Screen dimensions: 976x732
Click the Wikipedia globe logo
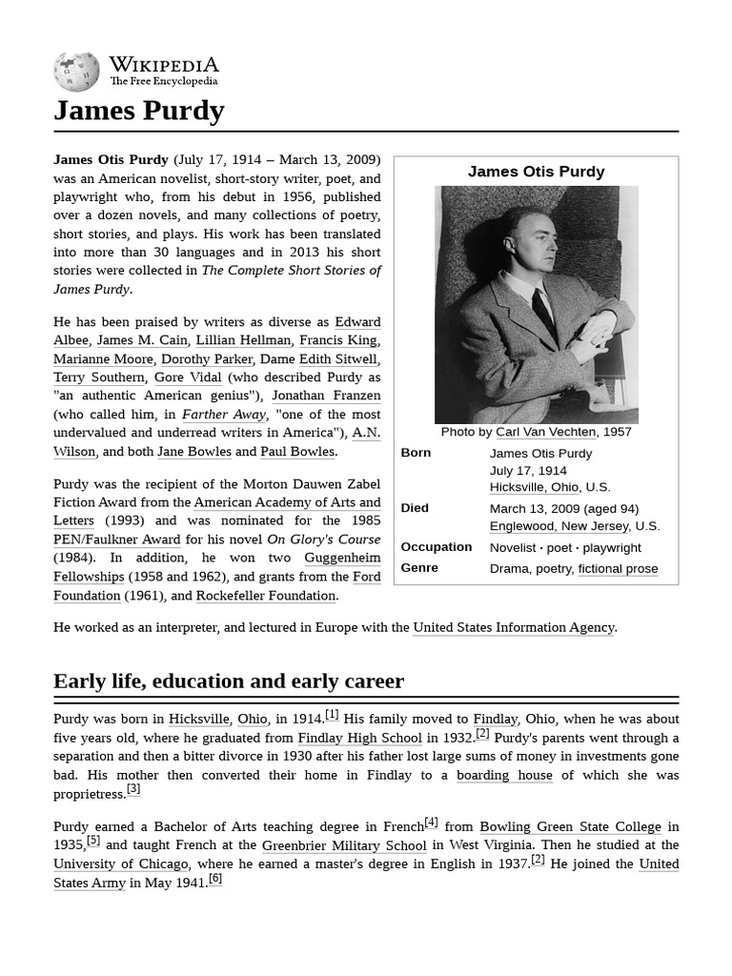tap(76, 71)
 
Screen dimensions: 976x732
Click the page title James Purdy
tap(139, 111)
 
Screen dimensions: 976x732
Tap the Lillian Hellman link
tap(243, 340)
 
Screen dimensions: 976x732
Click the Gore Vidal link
tap(188, 377)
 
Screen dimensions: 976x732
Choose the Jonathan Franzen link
tap(326, 396)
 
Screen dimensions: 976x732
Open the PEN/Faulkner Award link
tap(117, 539)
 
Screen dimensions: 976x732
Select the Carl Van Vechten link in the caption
tap(545, 432)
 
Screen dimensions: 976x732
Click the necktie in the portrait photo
tap(544, 315)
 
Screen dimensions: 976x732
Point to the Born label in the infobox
tap(416, 453)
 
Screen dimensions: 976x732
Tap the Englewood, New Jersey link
tap(559, 526)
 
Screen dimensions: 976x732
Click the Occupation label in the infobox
tap(436, 547)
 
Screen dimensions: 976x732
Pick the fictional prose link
tap(618, 569)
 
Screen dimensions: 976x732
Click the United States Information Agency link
tap(514, 627)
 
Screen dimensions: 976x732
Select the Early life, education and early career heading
tap(229, 681)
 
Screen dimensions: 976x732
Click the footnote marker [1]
tap(332, 715)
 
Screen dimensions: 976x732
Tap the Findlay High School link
tap(359, 738)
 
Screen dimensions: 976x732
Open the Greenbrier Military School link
tap(344, 845)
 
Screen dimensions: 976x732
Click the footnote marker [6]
tap(215, 879)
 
